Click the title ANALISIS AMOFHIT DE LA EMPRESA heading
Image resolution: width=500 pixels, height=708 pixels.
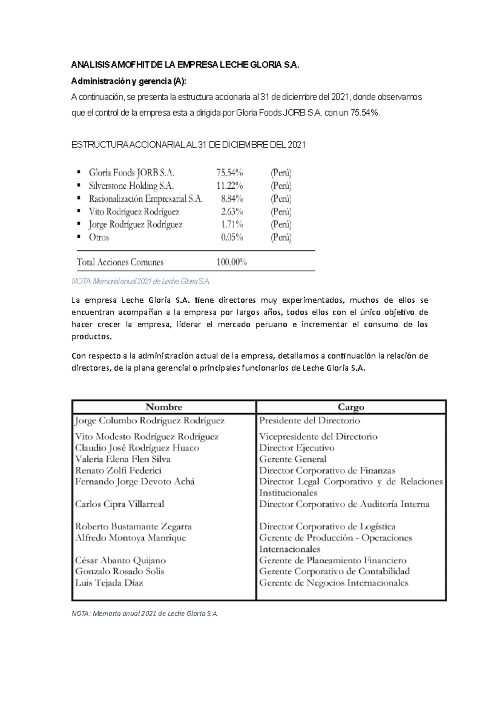(x=185, y=65)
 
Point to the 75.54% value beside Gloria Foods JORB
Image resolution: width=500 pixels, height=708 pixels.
(x=230, y=173)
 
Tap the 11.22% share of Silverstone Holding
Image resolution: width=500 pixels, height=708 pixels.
(x=230, y=186)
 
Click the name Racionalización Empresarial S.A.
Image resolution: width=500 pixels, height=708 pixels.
(x=145, y=198)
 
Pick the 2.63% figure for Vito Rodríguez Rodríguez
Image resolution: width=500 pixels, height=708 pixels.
(x=232, y=211)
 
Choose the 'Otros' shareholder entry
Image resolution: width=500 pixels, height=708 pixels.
(x=99, y=237)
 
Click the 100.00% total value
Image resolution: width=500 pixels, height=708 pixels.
(x=232, y=262)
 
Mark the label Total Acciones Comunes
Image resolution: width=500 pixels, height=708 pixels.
(x=120, y=262)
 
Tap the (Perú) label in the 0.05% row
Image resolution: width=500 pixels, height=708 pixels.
(x=281, y=237)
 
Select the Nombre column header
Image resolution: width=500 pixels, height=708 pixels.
(x=164, y=407)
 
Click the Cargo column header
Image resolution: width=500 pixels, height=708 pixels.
(x=351, y=407)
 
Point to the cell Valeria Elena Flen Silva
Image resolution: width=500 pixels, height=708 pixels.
(x=122, y=459)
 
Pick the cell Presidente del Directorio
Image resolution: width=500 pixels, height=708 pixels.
(x=310, y=420)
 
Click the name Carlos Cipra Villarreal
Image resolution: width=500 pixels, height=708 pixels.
(x=120, y=504)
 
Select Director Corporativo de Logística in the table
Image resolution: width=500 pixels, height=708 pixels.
(x=327, y=526)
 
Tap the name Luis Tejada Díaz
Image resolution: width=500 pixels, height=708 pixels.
(x=109, y=583)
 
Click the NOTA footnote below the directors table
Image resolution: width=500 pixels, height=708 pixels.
(x=145, y=614)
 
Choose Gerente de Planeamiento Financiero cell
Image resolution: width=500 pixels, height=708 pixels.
(x=332, y=560)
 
